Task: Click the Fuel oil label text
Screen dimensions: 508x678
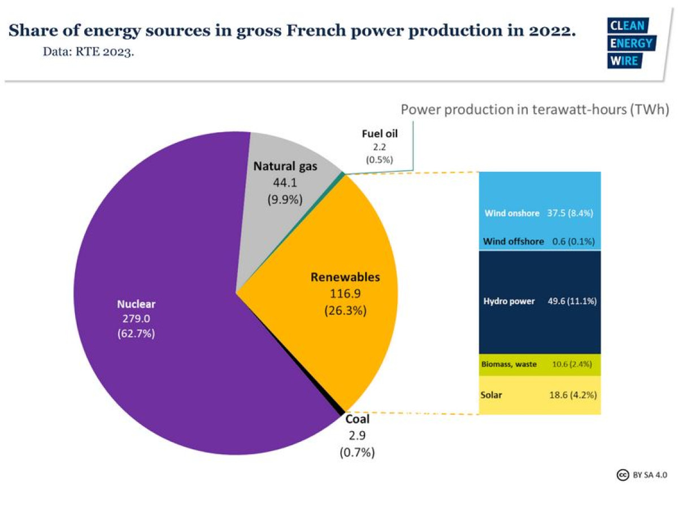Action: (x=380, y=134)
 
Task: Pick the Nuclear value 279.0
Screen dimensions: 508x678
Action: (x=136, y=319)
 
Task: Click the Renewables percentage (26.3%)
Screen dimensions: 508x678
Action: (x=345, y=310)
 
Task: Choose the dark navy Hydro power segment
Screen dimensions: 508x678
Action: (x=540, y=328)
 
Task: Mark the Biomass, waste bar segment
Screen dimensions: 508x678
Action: (x=540, y=364)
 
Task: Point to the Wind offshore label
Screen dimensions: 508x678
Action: (x=514, y=241)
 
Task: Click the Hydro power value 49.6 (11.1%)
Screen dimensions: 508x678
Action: (x=572, y=301)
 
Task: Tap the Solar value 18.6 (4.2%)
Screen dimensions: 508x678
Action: (x=573, y=395)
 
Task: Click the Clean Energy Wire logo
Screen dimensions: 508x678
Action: (x=631, y=43)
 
